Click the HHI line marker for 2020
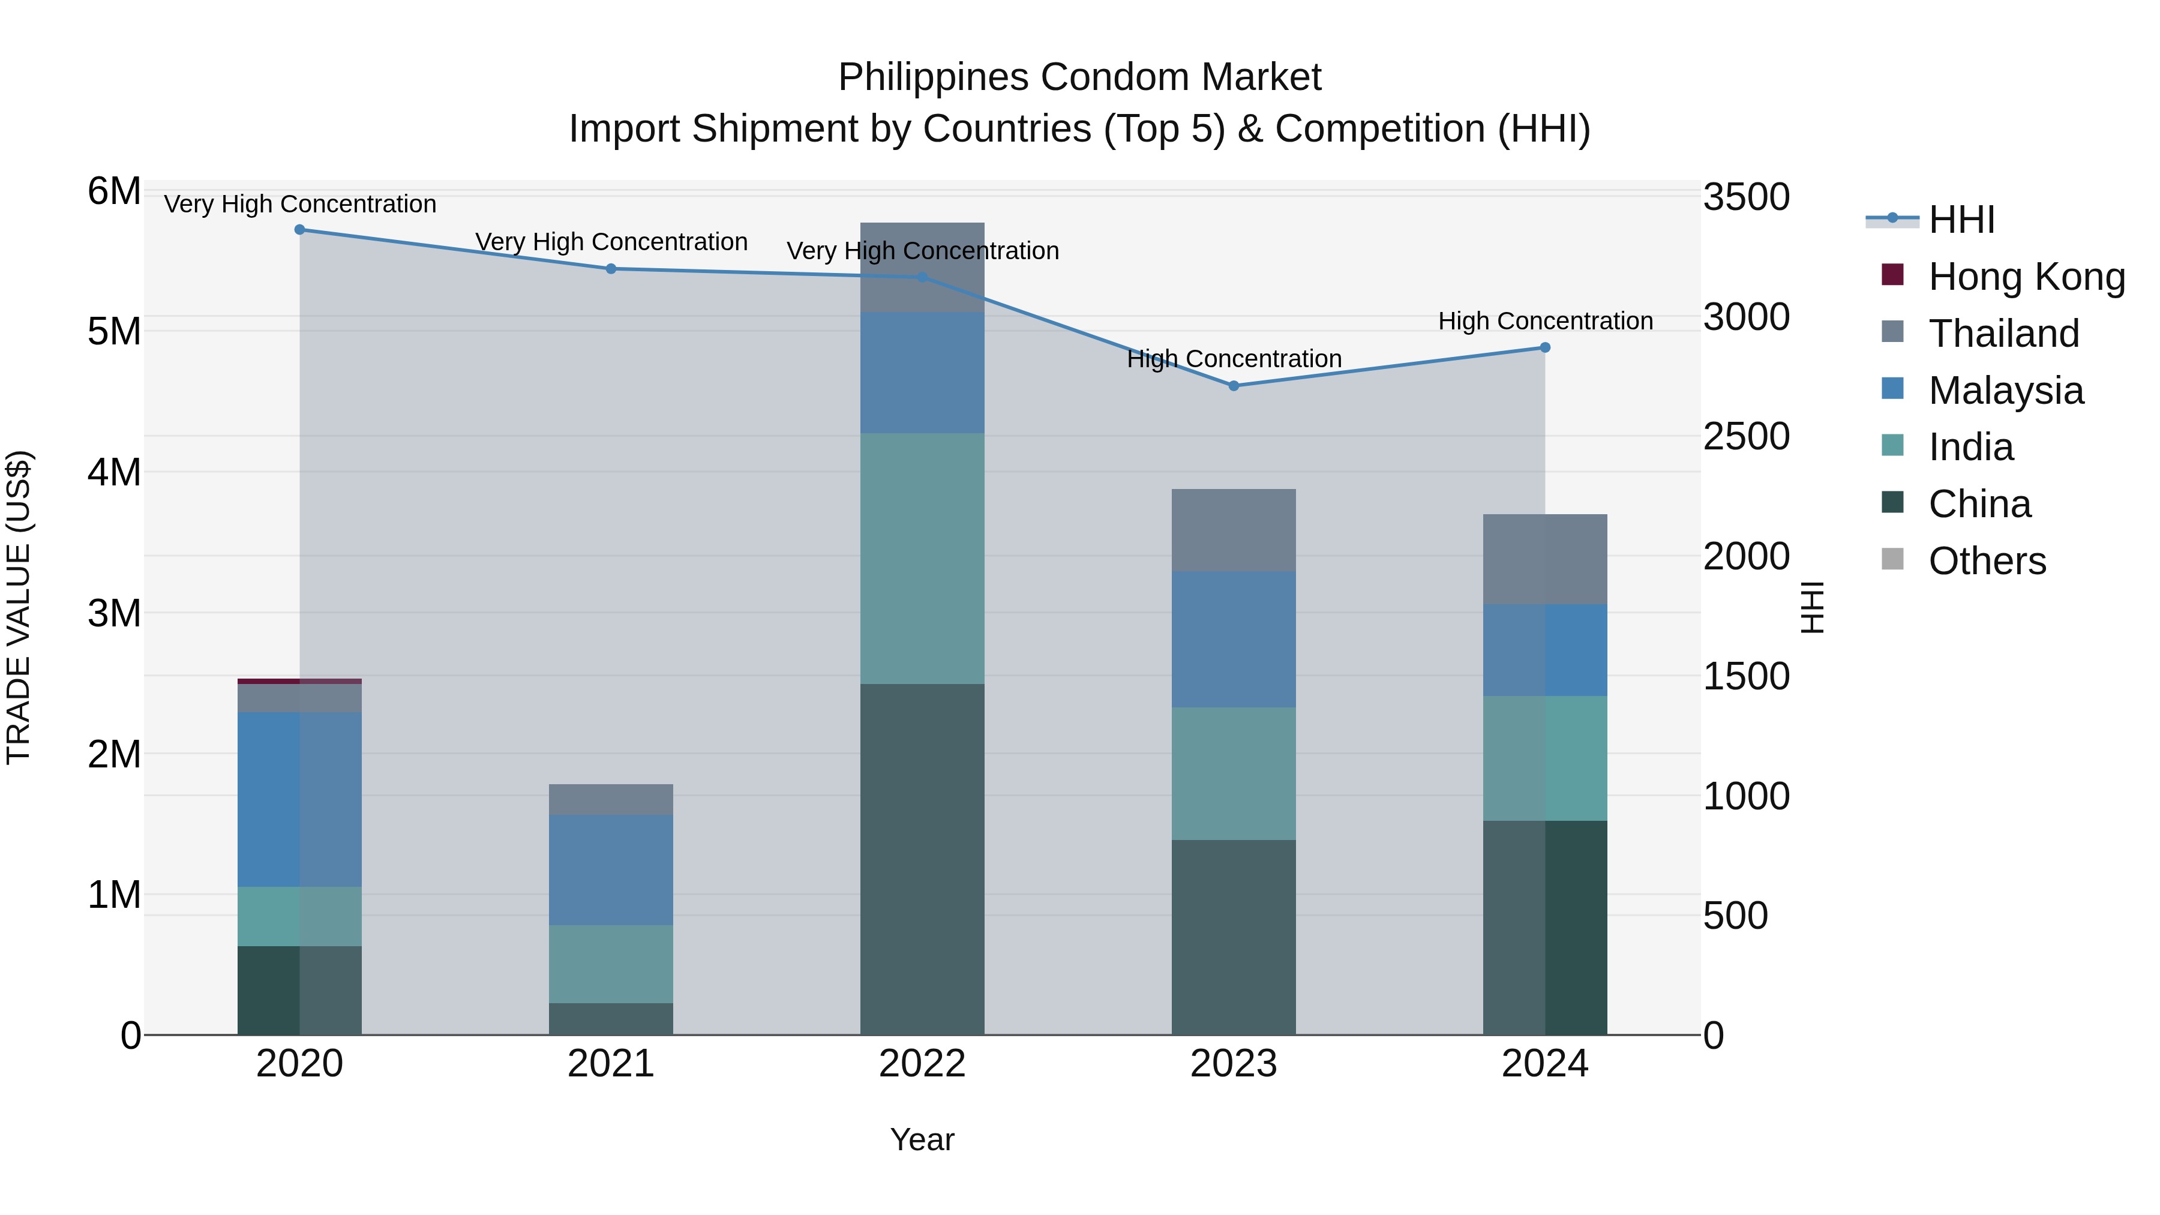pos(299,230)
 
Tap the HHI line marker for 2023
pos(1234,386)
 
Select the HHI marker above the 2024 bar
pos(1546,347)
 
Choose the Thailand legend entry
pos(2003,334)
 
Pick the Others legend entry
pos(1987,561)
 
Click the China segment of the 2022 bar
pos(922,859)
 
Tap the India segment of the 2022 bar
pos(922,559)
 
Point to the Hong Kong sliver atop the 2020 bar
pos(299,681)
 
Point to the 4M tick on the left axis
pos(115,472)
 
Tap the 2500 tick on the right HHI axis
pos(1746,437)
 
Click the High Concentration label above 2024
pos(1546,321)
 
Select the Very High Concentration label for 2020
pos(299,205)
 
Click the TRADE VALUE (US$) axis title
pos(19,607)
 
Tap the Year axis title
pos(922,1139)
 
